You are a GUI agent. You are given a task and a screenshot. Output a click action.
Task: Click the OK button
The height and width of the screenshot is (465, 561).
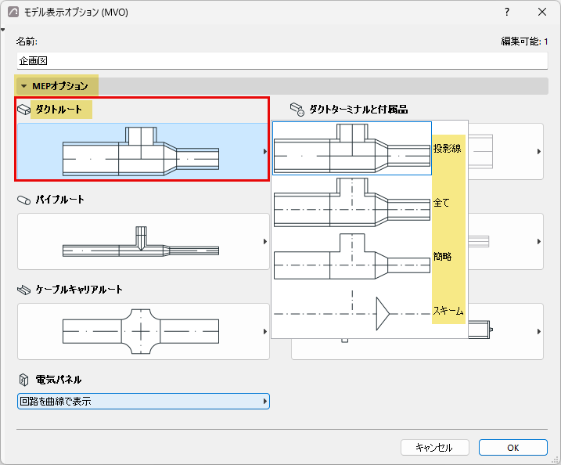tap(513, 448)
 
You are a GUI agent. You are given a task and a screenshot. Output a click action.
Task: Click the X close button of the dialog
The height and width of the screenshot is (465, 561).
tap(542, 12)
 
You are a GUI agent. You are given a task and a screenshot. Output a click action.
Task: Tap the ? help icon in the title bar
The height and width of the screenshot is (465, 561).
tap(507, 12)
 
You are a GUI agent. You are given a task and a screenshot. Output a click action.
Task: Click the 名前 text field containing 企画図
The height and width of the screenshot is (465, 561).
tap(282, 61)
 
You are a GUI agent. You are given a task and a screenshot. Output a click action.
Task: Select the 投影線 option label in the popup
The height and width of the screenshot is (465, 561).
tap(448, 148)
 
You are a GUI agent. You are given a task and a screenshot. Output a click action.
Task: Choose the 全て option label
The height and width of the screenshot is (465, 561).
tap(441, 203)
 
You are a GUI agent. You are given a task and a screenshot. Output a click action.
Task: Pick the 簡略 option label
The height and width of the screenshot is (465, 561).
tap(443, 257)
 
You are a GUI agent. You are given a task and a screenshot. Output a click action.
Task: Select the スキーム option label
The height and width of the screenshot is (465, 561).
tap(448, 310)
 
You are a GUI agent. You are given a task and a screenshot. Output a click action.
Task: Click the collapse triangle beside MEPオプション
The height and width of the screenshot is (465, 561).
tap(24, 86)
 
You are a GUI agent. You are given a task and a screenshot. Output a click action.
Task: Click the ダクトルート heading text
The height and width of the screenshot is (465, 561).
tap(59, 109)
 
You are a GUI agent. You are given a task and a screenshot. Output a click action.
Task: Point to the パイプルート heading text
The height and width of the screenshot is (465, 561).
tap(59, 200)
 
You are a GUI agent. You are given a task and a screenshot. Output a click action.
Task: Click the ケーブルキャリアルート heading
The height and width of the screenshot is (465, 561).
tap(79, 289)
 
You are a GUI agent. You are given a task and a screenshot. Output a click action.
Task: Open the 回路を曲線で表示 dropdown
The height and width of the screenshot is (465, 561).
tap(143, 402)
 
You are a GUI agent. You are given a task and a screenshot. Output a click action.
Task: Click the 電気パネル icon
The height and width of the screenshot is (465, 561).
tap(23, 380)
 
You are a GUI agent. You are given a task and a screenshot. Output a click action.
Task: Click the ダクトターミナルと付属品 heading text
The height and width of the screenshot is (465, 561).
tap(358, 109)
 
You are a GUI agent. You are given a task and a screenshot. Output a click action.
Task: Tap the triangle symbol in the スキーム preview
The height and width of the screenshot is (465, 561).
tap(383, 314)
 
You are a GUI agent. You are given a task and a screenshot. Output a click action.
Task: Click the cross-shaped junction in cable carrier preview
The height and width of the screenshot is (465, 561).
tap(141, 331)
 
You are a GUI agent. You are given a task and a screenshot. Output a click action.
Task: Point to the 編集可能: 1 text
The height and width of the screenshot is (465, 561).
tap(524, 41)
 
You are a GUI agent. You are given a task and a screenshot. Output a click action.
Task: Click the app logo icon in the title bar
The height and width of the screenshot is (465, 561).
tap(13, 12)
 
